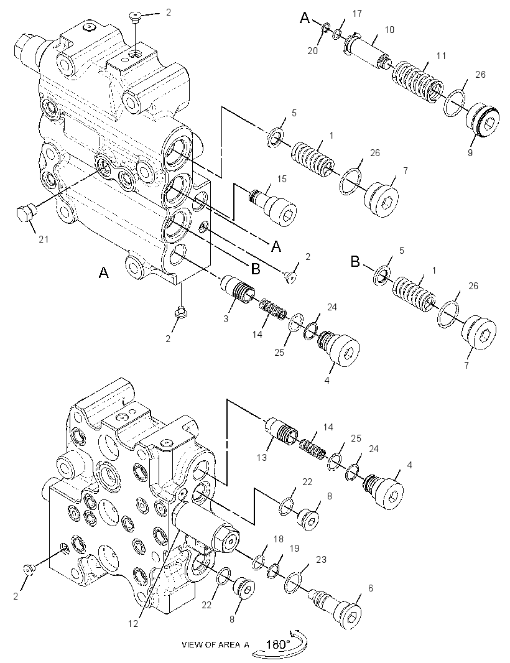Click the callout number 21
click(x=44, y=239)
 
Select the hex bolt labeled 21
click(x=25, y=212)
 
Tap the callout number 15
click(x=282, y=179)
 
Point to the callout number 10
click(x=389, y=30)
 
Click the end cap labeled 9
click(x=483, y=121)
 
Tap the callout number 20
click(x=312, y=51)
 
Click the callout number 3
click(x=226, y=319)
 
